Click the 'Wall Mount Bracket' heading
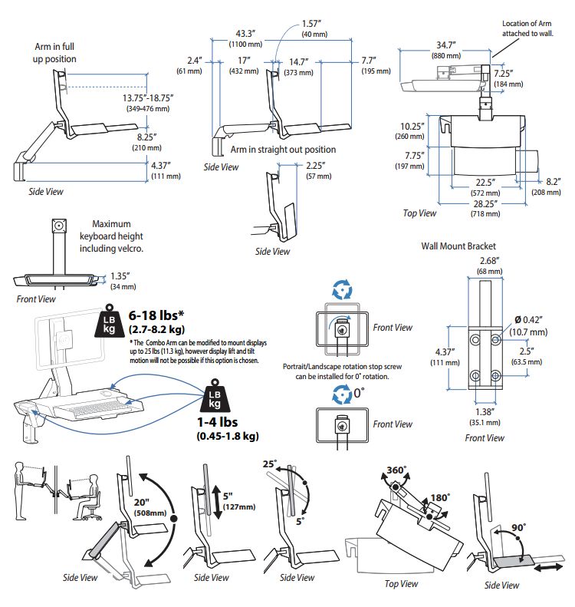[458, 246]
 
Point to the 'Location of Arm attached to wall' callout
[529, 29]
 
